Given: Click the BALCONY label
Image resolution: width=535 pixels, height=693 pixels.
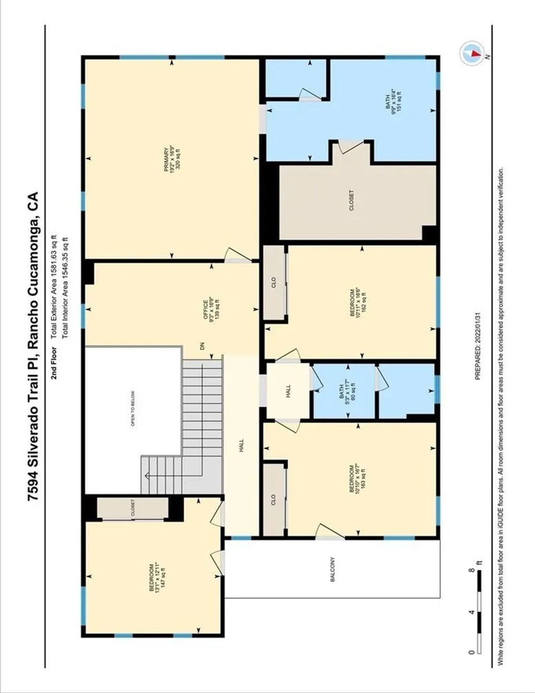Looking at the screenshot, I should (x=332, y=570).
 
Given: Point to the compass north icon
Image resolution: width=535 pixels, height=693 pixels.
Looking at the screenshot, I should (x=471, y=53).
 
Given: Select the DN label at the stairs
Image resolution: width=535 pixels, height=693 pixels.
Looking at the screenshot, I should (x=200, y=345).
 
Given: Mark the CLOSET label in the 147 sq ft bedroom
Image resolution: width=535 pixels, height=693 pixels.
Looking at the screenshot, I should (x=133, y=508).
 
